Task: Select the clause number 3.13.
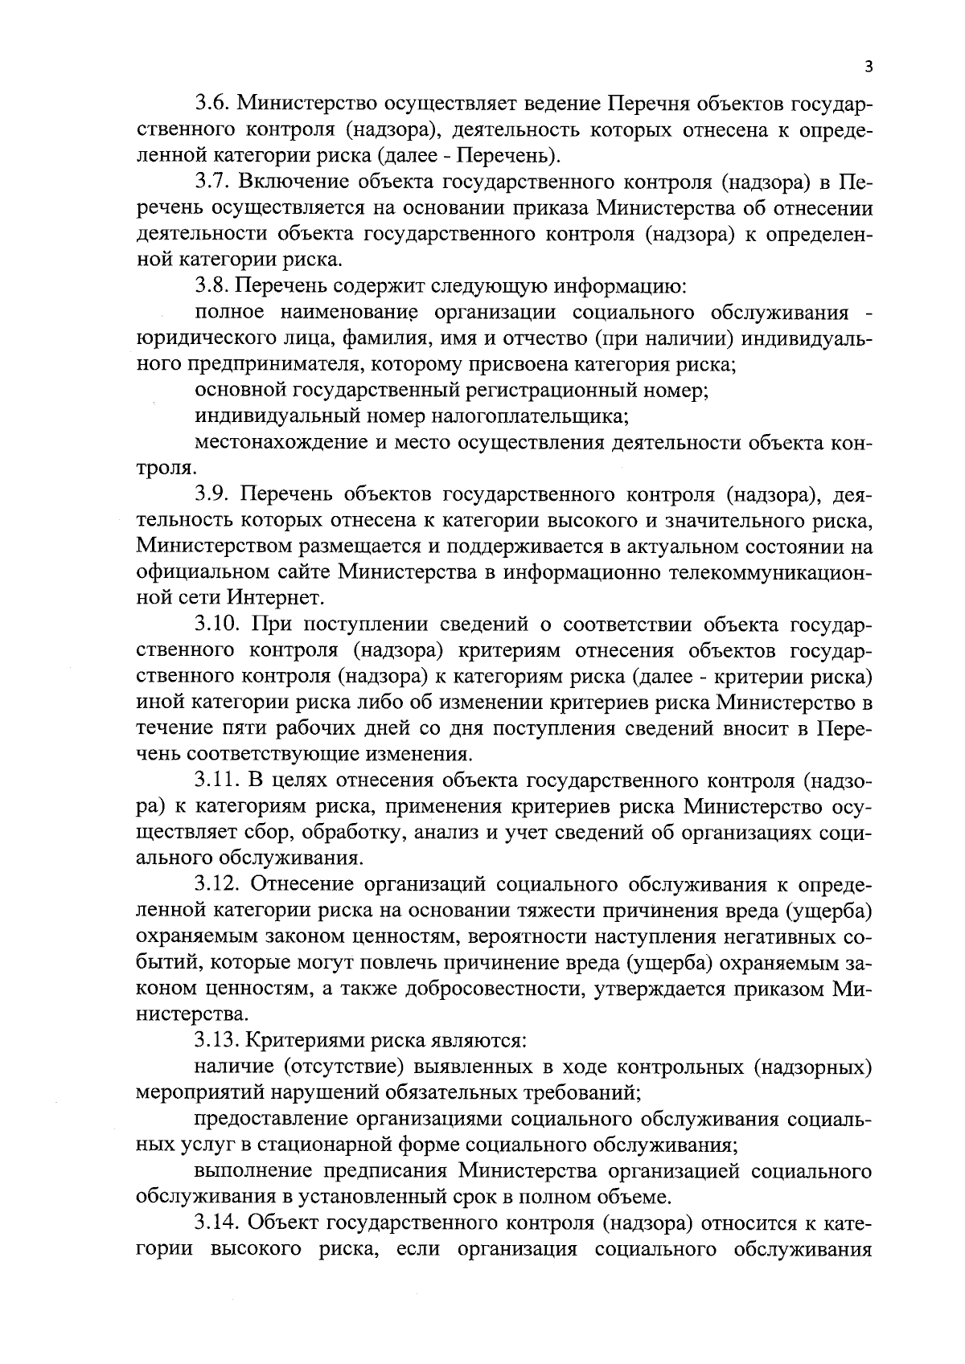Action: pyautogui.click(x=216, y=1040)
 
